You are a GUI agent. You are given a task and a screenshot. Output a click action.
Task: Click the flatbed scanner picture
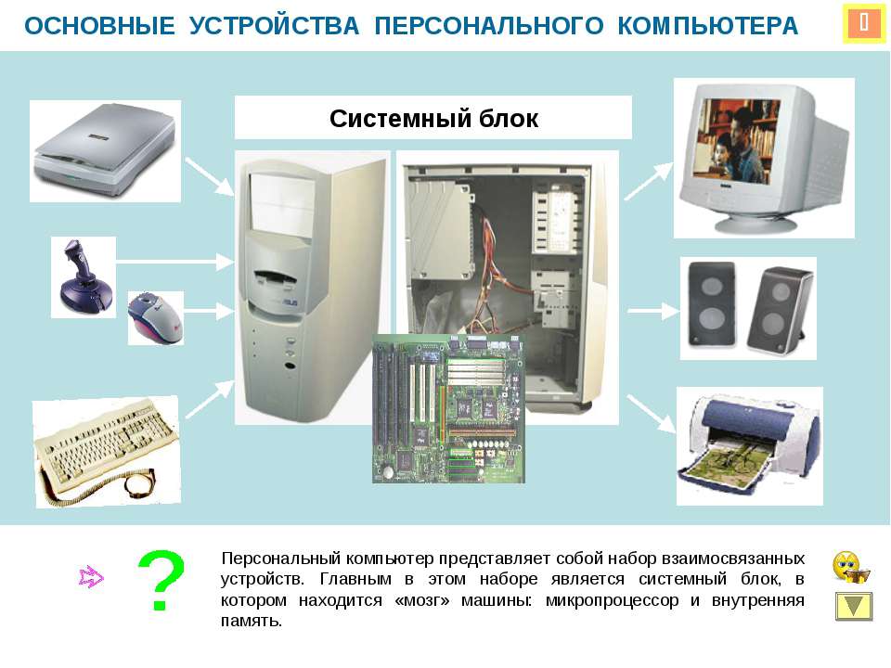pyautogui.click(x=105, y=150)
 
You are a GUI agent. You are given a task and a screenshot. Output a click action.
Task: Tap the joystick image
pyautogui.click(x=84, y=276)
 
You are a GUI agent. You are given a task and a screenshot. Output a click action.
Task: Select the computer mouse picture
pyautogui.click(x=155, y=318)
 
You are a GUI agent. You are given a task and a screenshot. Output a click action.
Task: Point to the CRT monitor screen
pyautogui.click(x=739, y=139)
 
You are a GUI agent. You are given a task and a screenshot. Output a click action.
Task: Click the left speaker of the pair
pyautogui.click(x=712, y=304)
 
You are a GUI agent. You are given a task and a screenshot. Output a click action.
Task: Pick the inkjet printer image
pyautogui.click(x=749, y=445)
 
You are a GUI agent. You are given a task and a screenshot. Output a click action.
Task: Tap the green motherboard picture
pyautogui.click(x=449, y=409)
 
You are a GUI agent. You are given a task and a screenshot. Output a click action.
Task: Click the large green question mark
pyautogui.click(x=161, y=580)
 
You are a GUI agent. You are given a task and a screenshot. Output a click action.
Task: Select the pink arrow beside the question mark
pyautogui.click(x=91, y=577)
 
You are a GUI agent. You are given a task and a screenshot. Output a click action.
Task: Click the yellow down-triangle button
pyautogui.click(x=854, y=606)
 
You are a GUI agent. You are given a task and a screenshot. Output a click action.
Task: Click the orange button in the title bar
pyautogui.click(x=864, y=23)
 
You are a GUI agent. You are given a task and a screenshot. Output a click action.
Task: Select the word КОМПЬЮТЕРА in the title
pyautogui.click(x=707, y=26)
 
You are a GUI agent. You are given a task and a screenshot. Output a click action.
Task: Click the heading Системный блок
pyautogui.click(x=433, y=119)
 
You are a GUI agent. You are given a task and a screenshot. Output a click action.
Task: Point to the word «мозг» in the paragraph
pyautogui.click(x=421, y=600)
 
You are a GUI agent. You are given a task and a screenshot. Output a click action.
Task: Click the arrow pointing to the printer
pyautogui.click(x=652, y=414)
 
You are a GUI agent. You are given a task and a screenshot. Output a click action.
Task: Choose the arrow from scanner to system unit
pyautogui.click(x=211, y=176)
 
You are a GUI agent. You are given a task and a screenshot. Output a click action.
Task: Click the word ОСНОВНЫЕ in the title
pyautogui.click(x=99, y=26)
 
